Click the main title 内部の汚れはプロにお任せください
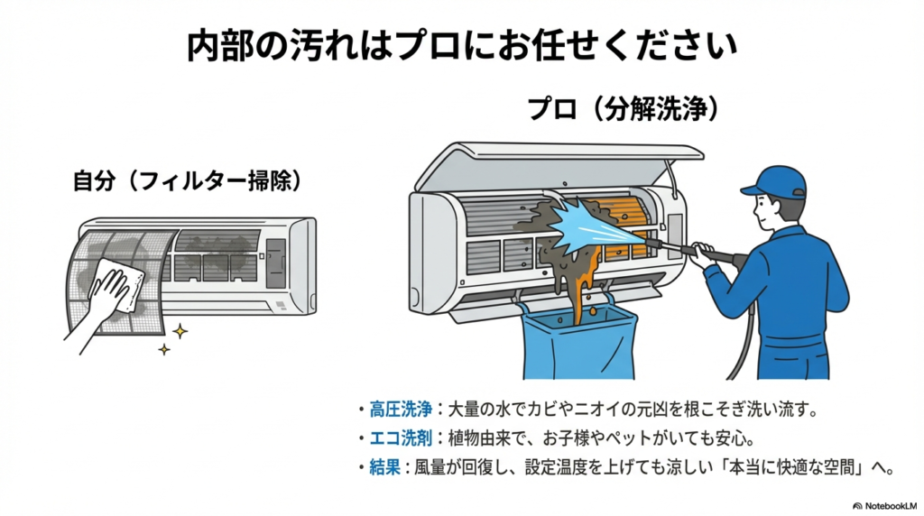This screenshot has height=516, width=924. pyautogui.click(x=462, y=45)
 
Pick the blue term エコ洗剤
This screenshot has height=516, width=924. pyautogui.click(x=395, y=439)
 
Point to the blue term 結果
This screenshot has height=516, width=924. pyautogui.click(x=383, y=468)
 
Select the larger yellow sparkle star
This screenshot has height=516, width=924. pyautogui.click(x=180, y=331)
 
